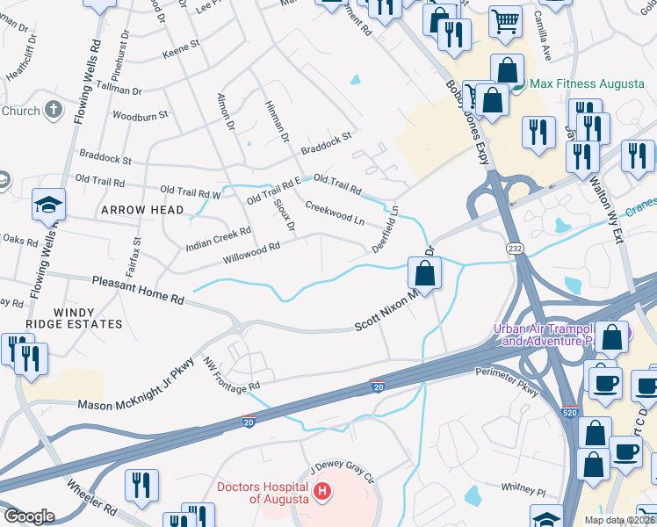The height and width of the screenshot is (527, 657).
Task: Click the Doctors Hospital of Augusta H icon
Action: (322, 490)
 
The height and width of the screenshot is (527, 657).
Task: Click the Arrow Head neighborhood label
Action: (142, 210)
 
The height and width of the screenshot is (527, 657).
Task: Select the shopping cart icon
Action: (505, 21)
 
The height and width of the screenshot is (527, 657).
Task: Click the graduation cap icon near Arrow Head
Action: (49, 206)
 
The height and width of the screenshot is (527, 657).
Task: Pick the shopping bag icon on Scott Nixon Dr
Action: (425, 273)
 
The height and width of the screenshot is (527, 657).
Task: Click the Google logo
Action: (29, 516)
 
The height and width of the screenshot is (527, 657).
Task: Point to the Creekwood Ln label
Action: (334, 212)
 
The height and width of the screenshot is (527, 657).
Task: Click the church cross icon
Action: (54, 111)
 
